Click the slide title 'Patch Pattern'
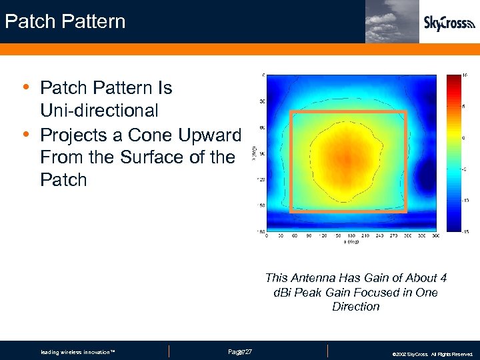point(65,21)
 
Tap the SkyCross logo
point(449,23)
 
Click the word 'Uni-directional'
point(99,111)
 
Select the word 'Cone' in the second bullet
point(150,135)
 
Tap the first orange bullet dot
point(25,87)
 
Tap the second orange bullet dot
point(25,134)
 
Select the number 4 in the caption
point(443,278)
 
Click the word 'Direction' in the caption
point(355,307)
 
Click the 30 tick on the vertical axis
point(262,101)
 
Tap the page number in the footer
point(239,351)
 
